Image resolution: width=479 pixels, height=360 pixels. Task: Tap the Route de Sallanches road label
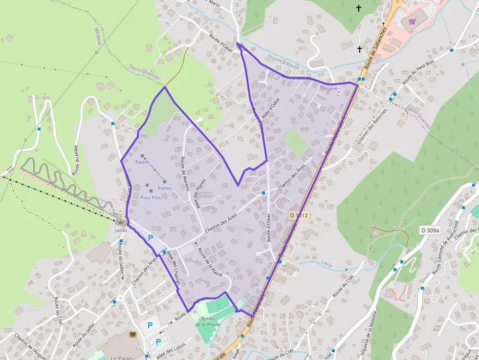point(376,47)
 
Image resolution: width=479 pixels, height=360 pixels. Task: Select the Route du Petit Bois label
point(418,72)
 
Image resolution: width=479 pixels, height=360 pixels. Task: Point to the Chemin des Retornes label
point(372,126)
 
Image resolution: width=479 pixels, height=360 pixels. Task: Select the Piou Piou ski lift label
point(151,197)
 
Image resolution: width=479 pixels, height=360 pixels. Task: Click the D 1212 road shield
point(299,215)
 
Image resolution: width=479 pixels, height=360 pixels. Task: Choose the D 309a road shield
point(430,230)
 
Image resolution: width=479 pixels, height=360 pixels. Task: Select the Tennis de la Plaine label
point(208,321)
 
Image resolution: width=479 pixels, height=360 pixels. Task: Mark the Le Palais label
point(119,358)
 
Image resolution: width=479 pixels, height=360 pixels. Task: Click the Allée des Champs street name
point(174,268)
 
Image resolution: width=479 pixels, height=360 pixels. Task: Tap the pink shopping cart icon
point(412,21)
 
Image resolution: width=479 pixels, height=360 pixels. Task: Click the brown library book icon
point(133,334)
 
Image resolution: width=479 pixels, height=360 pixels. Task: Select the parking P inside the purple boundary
point(151,237)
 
